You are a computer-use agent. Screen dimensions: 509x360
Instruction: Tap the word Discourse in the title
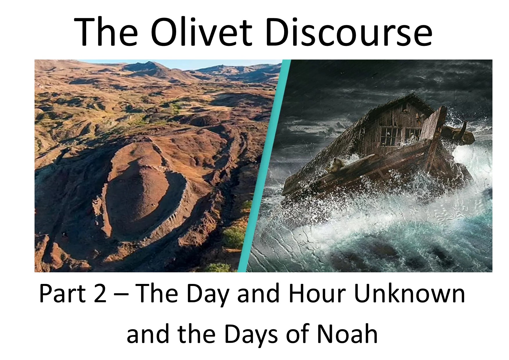348,31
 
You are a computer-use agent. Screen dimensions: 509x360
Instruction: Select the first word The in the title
106,31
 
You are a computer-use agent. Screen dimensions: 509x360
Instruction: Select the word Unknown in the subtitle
409,294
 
